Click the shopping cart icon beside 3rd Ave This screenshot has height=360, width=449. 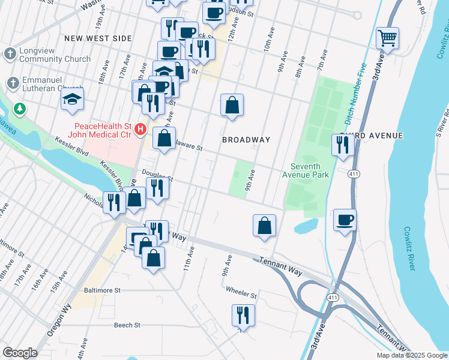pyautogui.click(x=388, y=38)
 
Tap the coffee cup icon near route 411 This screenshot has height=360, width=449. pyautogui.click(x=345, y=220)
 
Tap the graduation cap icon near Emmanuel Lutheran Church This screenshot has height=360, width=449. pyautogui.click(x=72, y=99)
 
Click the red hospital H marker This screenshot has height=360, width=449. pyautogui.click(x=140, y=128)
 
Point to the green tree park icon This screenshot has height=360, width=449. pyautogui.click(x=20, y=109)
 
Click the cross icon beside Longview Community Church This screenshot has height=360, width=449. pyautogui.click(x=10, y=54)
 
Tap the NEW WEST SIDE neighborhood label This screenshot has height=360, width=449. pyautogui.click(x=97, y=38)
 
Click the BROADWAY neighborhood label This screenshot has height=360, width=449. pyautogui.click(x=246, y=140)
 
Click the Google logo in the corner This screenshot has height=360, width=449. pyautogui.click(x=20, y=353)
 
